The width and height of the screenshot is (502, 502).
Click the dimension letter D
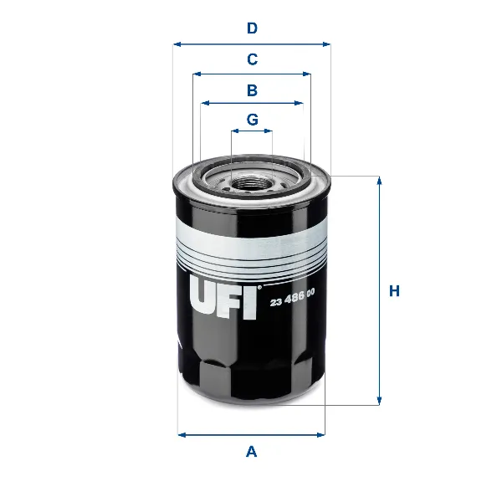click(252, 28)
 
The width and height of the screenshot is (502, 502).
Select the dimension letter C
click(252, 59)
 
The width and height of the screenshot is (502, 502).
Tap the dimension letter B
click(252, 90)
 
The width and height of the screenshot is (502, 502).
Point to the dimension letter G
click(252, 119)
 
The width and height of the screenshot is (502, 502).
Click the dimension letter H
click(395, 291)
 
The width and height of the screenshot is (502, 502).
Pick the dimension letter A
click(251, 452)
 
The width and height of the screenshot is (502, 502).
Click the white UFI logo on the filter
click(223, 300)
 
